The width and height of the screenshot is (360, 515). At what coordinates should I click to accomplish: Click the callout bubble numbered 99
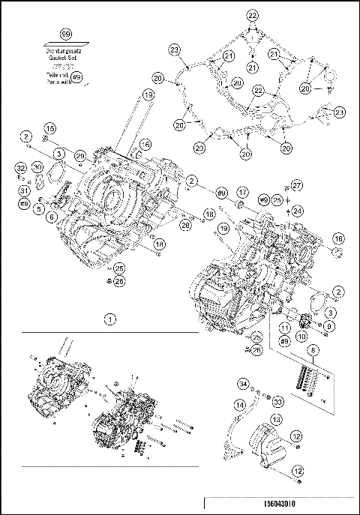(65, 35)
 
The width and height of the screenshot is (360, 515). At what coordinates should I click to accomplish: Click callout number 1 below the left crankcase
(110, 319)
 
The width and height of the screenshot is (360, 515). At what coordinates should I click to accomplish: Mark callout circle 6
(52, 216)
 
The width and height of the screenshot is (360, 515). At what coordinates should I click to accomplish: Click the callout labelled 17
(243, 192)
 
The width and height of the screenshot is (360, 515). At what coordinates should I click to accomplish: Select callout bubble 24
(296, 211)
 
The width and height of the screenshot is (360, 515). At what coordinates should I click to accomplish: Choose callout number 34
(244, 385)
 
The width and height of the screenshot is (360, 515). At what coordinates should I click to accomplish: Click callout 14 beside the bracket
(240, 406)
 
